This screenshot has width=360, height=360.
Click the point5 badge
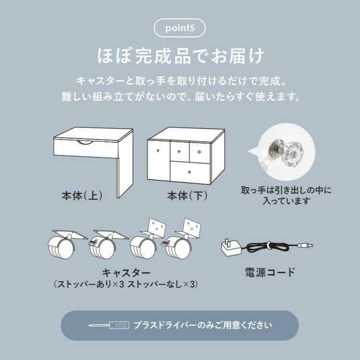[180, 28]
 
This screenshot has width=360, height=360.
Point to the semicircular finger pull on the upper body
[85, 142]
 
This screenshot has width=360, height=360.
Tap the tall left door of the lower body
[157, 161]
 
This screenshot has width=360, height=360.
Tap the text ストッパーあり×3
[89, 285]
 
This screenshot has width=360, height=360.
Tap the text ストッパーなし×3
[162, 285]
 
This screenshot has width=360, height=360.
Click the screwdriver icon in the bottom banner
[109, 325]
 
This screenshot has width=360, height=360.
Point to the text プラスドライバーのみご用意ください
[203, 325]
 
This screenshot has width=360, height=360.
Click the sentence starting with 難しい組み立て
[180, 96]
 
